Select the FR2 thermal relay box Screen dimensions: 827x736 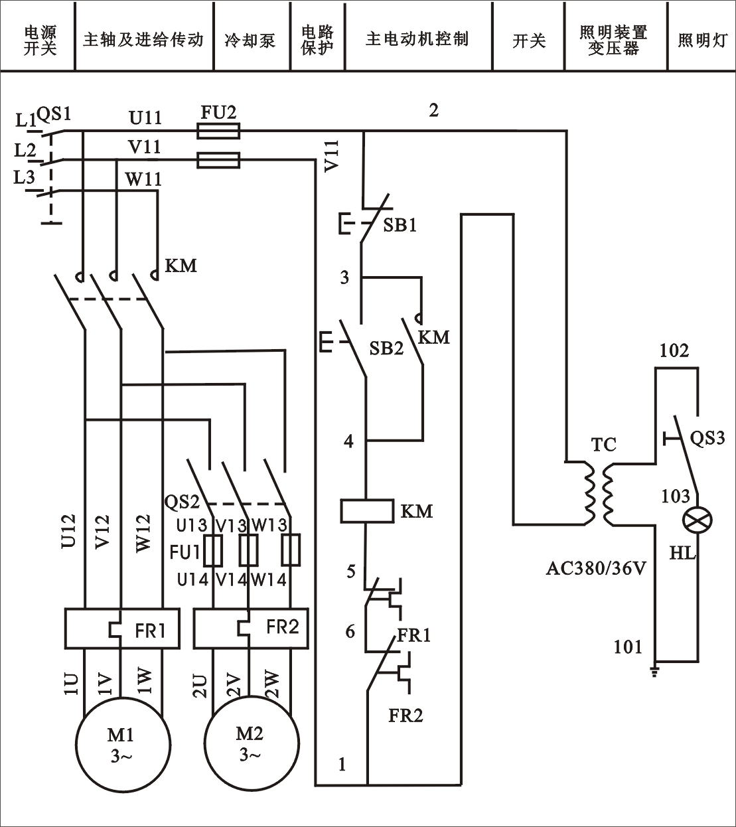point(252,628)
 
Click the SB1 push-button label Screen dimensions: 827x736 point(400,226)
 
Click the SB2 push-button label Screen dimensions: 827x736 point(386,348)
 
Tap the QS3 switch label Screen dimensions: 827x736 point(707,438)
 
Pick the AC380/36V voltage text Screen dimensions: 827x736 point(595,568)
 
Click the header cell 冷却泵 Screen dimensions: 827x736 point(250,40)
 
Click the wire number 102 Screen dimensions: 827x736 point(674,350)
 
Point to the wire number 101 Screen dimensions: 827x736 point(628,646)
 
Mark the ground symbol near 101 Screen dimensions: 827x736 point(656,672)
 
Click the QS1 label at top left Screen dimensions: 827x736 point(53,114)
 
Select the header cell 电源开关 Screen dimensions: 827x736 point(40,40)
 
